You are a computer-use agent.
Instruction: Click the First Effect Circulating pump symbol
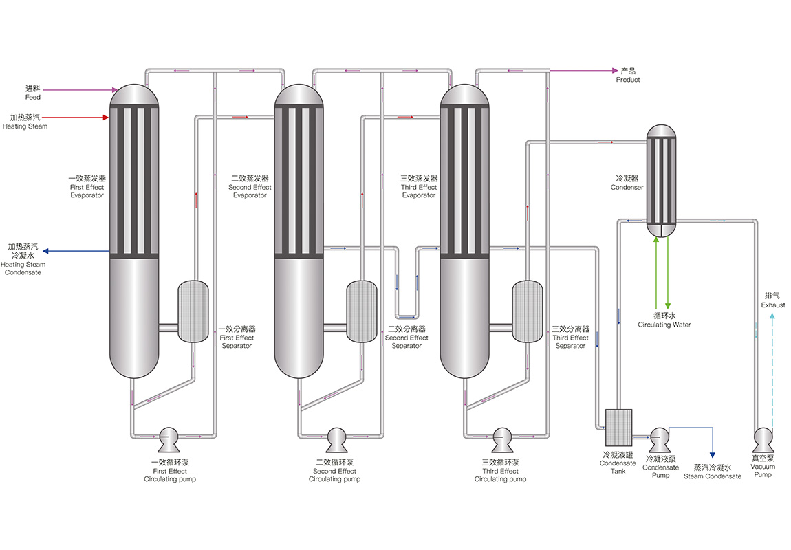tap(169, 437)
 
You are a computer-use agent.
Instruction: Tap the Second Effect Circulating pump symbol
tap(336, 437)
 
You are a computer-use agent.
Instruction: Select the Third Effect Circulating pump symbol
tap(501, 437)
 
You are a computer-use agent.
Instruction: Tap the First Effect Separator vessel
tap(193, 311)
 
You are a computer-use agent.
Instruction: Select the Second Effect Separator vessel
tap(361, 311)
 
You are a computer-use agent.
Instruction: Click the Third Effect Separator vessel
tap(527, 311)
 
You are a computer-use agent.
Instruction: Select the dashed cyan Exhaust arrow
tap(772, 371)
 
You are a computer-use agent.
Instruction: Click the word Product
tap(627, 80)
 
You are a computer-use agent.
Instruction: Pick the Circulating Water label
tap(664, 324)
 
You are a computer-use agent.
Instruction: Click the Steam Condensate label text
tap(712, 476)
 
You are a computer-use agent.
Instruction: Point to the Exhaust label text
tap(772, 305)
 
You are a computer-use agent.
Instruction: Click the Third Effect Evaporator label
tap(419, 187)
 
